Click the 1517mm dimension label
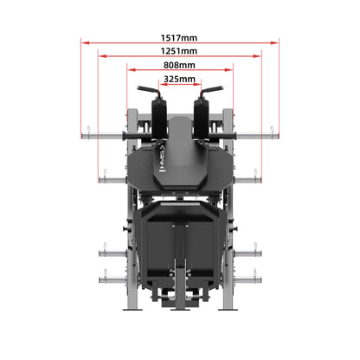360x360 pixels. click(x=179, y=38)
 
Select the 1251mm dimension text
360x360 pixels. click(x=179, y=51)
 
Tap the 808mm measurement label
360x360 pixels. click(x=179, y=65)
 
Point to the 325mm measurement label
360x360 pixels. click(x=179, y=79)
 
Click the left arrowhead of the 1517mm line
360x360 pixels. click(x=86, y=42)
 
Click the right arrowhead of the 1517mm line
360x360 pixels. click(x=274, y=42)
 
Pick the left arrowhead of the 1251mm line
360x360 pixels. click(x=103, y=56)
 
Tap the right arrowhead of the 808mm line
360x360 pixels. click(x=228, y=69)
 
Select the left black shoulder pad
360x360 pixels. click(x=159, y=119)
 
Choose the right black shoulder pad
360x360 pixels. click(x=201, y=119)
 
